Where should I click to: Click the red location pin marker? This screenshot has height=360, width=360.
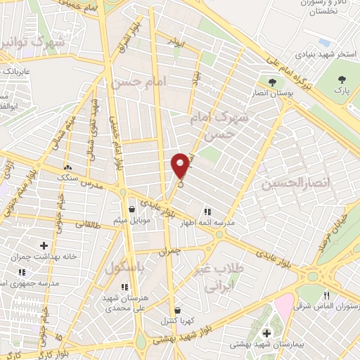(181, 165)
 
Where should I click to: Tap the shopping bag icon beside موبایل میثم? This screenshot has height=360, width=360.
(131, 208)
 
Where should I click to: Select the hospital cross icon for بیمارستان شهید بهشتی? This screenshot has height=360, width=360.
(266, 333)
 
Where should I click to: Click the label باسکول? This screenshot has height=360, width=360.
(124, 268)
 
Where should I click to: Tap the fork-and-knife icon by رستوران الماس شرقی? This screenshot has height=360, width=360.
(326, 295)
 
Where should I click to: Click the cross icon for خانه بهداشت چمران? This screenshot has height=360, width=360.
(44, 245)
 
